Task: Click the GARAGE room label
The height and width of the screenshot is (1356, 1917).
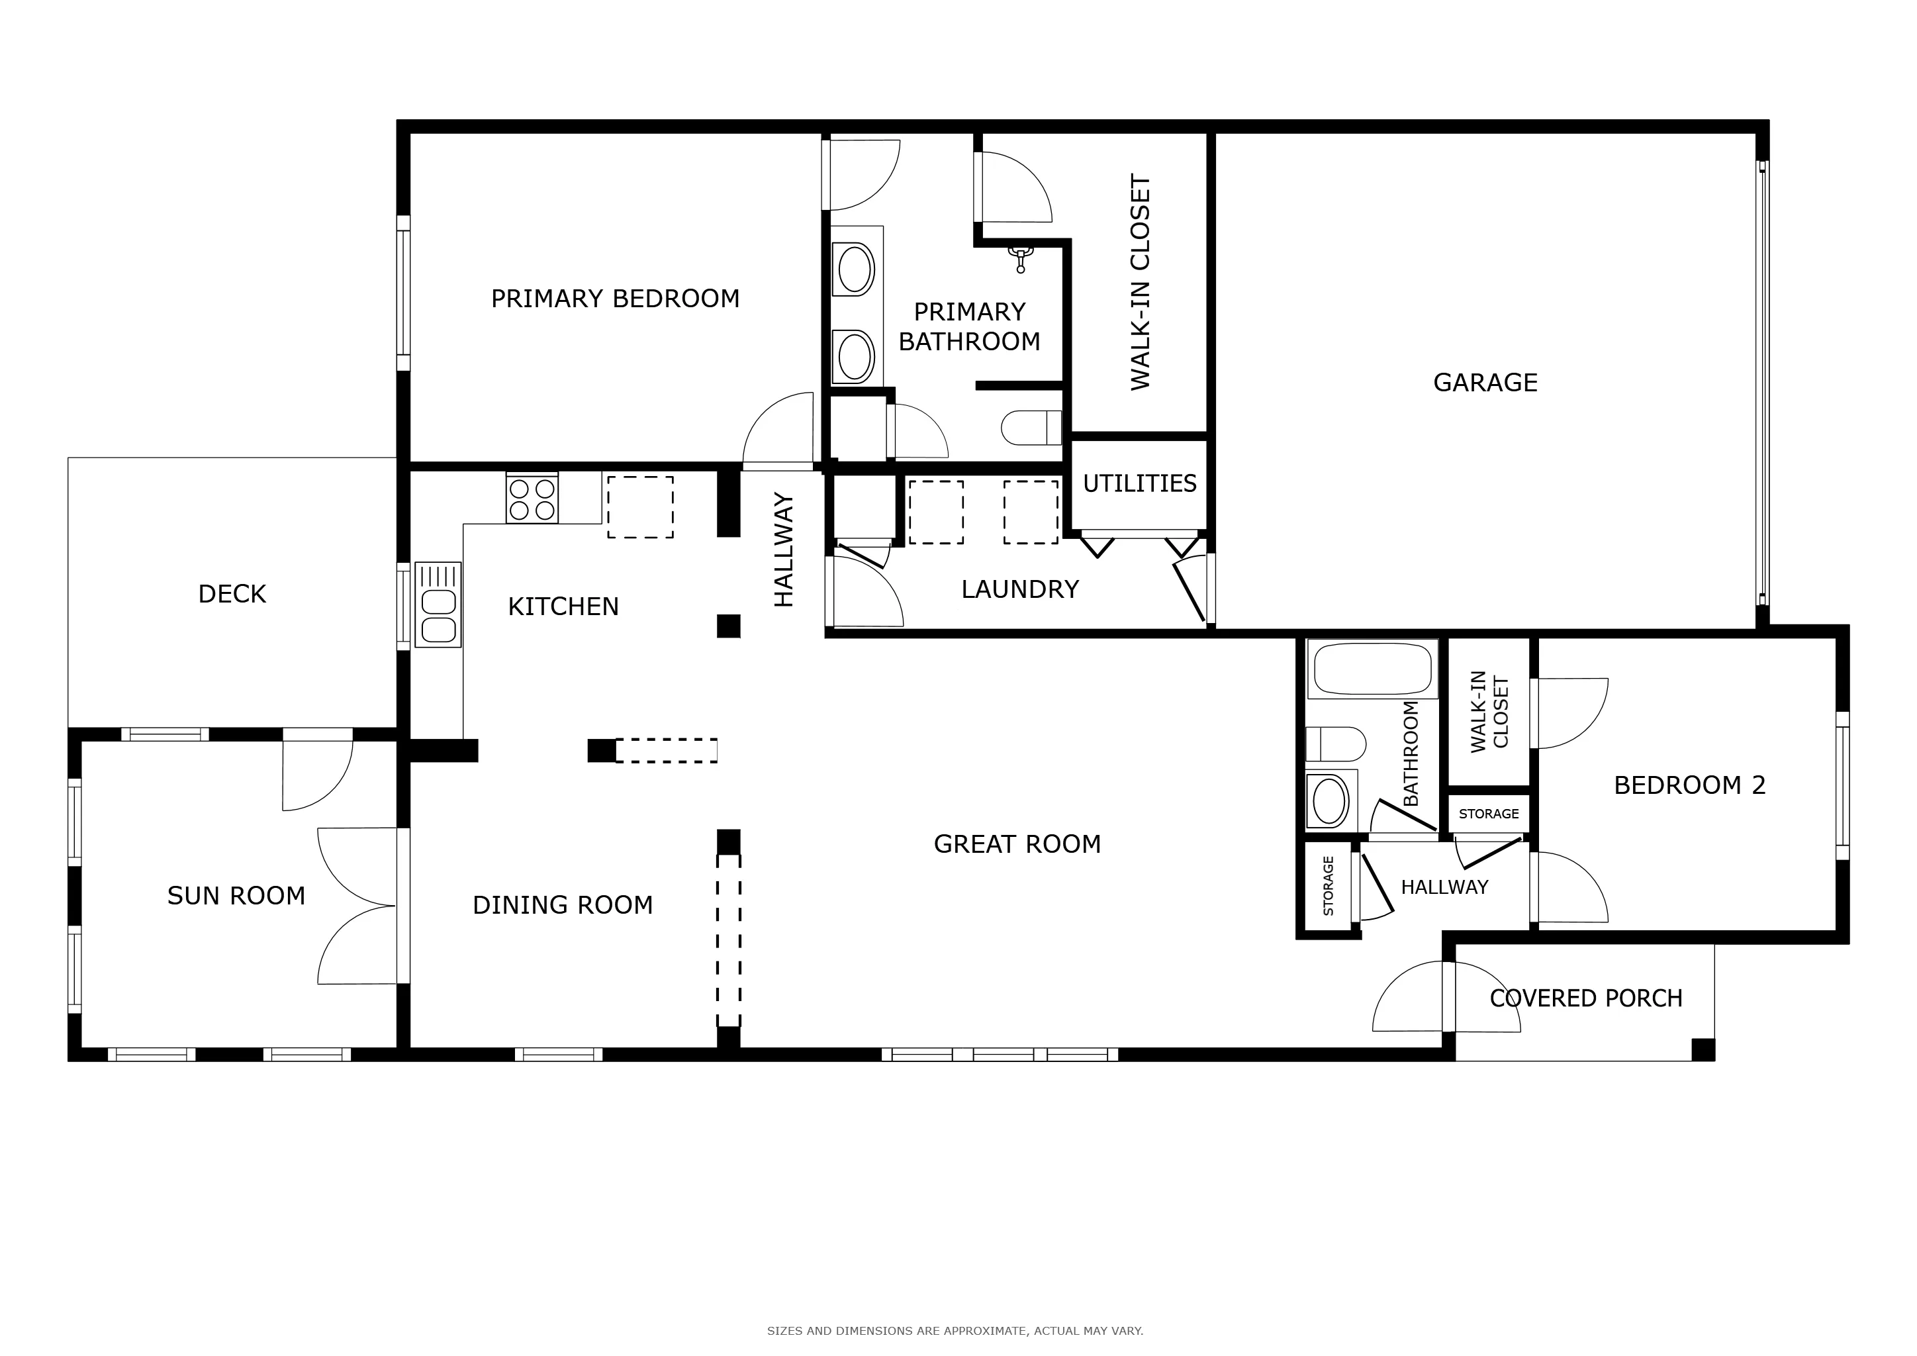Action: point(1485,383)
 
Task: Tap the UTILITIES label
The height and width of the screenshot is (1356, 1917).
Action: point(1140,483)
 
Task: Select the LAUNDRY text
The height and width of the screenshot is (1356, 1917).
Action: point(1019,589)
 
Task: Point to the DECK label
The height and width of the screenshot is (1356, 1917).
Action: point(232,594)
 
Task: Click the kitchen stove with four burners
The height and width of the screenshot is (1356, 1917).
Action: point(532,499)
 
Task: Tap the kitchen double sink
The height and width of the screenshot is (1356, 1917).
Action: point(438,605)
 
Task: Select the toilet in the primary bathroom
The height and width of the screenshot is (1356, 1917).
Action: point(1031,428)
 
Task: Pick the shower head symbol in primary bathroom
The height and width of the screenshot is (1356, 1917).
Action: point(1020,259)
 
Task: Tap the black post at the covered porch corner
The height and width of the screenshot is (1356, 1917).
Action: point(1703,1049)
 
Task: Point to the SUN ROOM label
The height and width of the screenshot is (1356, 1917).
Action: point(236,896)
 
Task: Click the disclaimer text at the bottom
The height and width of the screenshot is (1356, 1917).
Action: point(955,1331)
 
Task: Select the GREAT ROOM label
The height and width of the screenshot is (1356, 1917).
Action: point(1017,844)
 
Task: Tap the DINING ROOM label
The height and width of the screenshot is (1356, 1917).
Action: point(563,905)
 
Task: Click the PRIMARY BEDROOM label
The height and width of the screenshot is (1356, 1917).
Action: point(616,299)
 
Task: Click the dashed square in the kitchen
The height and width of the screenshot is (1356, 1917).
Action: point(640,507)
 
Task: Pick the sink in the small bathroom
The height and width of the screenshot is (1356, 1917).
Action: point(1331,800)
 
